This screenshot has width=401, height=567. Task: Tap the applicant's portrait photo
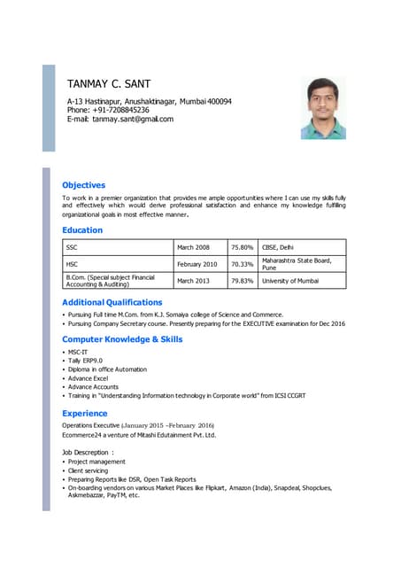(323, 109)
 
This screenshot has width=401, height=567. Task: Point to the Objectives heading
(83, 185)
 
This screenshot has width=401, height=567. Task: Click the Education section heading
(82, 230)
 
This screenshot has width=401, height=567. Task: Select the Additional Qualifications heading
(112, 303)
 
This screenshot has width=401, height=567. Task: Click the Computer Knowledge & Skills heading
(122, 339)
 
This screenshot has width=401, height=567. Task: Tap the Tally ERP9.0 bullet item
(85, 361)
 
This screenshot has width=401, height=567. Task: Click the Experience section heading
(84, 414)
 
